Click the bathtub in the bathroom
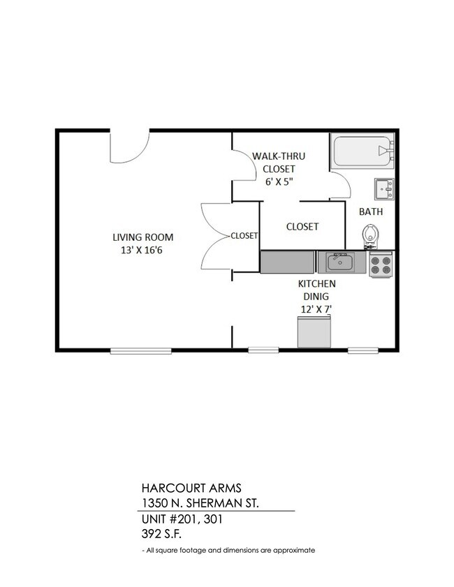point(363,151)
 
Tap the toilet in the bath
point(370,235)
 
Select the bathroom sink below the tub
point(383,188)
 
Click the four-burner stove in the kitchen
point(381,265)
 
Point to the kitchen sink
point(339,262)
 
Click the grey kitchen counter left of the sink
point(288,262)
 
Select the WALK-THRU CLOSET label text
point(279,163)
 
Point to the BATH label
point(370,211)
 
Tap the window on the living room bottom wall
point(141,350)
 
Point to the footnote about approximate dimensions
point(228,550)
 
